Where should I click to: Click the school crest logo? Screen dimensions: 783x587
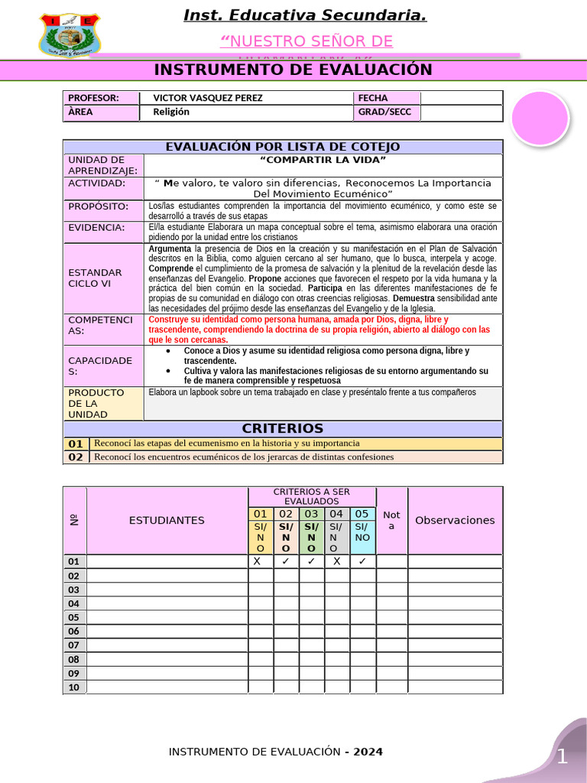tap(69, 34)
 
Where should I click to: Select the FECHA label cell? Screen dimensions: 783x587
tap(372, 98)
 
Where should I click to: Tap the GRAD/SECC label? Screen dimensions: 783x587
tap(384, 112)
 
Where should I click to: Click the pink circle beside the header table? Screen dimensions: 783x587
tap(540, 119)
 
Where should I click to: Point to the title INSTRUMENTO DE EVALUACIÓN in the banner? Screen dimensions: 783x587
tap(293, 70)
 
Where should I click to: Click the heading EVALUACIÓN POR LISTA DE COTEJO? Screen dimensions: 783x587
tap(283, 147)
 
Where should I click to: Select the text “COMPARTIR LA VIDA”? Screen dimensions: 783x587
tap(323, 160)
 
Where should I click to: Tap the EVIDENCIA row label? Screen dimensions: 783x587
tap(96, 227)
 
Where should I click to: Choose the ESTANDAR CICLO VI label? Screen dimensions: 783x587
tap(95, 278)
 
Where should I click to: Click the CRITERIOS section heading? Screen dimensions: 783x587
tap(283, 428)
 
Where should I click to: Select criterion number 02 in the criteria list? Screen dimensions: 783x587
tap(76, 457)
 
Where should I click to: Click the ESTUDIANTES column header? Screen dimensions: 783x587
tap(167, 520)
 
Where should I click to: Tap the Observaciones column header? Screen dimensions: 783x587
tap(455, 520)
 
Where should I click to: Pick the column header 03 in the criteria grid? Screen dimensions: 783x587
tap(311, 514)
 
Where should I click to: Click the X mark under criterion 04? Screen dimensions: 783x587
tap(336, 560)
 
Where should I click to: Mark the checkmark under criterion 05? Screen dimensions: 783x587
tap(362, 560)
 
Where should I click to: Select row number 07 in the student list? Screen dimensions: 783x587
tap(74, 645)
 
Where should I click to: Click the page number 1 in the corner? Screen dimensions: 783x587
tap(562, 758)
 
